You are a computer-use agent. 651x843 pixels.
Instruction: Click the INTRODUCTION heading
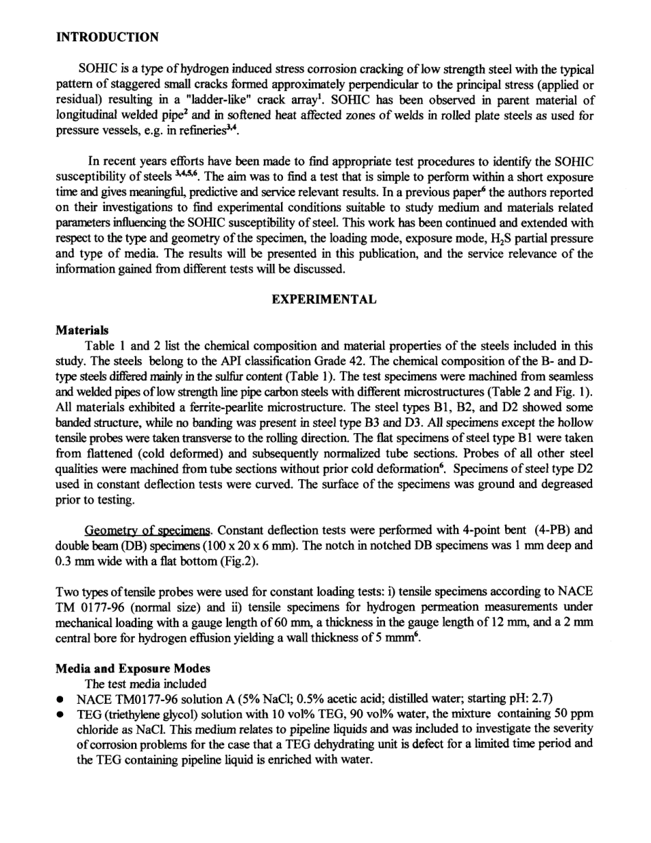point(107,38)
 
